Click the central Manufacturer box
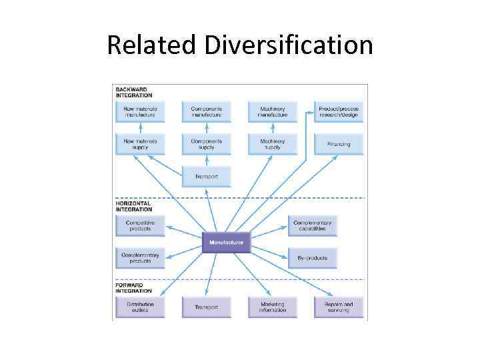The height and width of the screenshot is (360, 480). pyautogui.click(x=226, y=243)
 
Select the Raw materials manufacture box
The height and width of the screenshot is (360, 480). pyautogui.click(x=139, y=111)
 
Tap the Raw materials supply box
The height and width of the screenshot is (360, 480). pyautogui.click(x=139, y=144)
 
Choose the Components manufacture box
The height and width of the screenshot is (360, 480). pyautogui.click(x=206, y=111)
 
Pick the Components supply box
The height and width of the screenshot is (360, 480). pyautogui.click(x=206, y=144)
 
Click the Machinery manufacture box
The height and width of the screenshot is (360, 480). pyautogui.click(x=272, y=111)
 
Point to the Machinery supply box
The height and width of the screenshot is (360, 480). pyautogui.click(x=272, y=144)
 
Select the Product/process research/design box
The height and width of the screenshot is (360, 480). pyautogui.click(x=339, y=111)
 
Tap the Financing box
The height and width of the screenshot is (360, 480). pyautogui.click(x=339, y=144)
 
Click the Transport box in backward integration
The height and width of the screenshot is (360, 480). pyautogui.click(x=206, y=177)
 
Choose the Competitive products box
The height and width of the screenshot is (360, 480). pyautogui.click(x=139, y=226)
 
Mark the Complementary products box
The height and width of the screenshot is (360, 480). pyautogui.click(x=139, y=258)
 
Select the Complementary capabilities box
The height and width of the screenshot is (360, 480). pyautogui.click(x=312, y=226)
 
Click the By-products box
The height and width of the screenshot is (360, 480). pyautogui.click(x=312, y=258)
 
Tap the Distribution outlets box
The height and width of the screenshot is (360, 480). pyautogui.click(x=139, y=307)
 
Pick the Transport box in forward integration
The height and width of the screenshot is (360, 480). pyautogui.click(x=206, y=307)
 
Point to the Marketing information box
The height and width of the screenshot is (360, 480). pyautogui.click(x=272, y=307)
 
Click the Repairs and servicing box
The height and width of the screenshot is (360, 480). pyautogui.click(x=339, y=307)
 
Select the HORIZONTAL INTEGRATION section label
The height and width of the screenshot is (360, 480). pyautogui.click(x=134, y=206)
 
